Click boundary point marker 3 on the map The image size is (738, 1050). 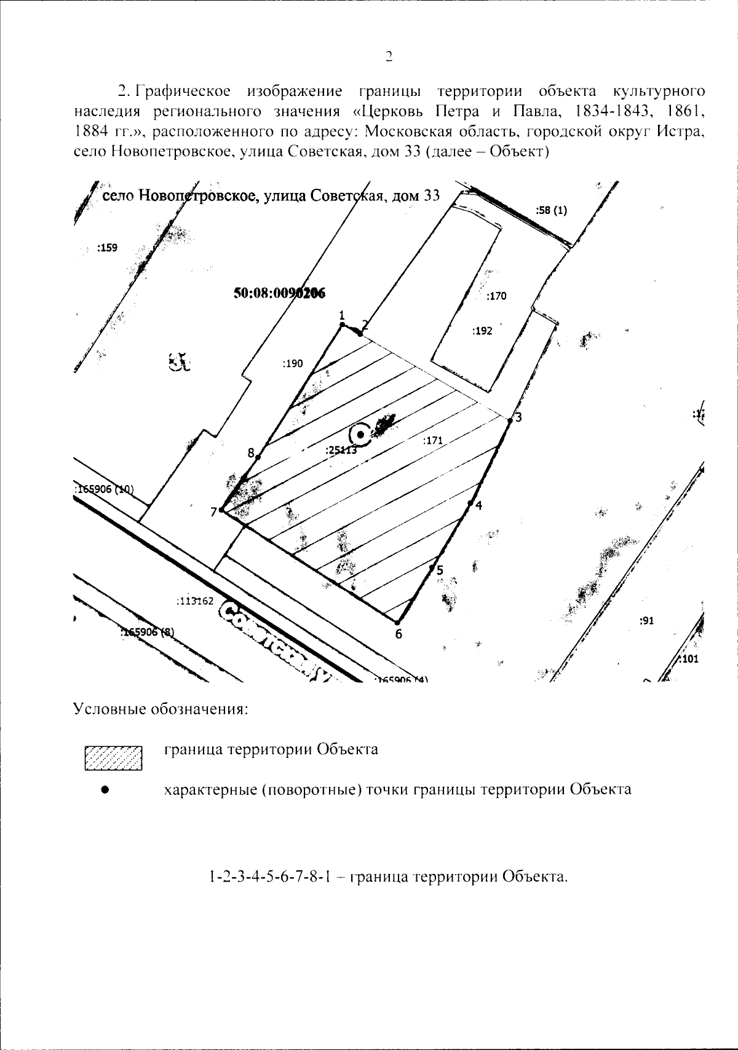(510, 420)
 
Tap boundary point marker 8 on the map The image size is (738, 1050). (258, 457)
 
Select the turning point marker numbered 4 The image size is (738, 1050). (470, 504)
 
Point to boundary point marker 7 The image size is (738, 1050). (221, 510)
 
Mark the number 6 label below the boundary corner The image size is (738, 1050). (399, 634)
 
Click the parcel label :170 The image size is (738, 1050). (496, 296)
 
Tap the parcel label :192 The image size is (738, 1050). (482, 331)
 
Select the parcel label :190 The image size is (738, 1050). (293, 364)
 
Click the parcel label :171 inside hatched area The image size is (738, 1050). (433, 440)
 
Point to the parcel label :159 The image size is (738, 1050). (107, 248)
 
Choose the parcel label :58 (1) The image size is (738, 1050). (551, 210)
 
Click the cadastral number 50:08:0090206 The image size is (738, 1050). (279, 294)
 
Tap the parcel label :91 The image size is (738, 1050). (646, 621)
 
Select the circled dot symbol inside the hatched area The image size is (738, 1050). (360, 434)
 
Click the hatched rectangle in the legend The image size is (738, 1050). (114, 758)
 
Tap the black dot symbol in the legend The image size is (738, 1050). (106, 790)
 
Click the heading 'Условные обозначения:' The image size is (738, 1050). (161, 709)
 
